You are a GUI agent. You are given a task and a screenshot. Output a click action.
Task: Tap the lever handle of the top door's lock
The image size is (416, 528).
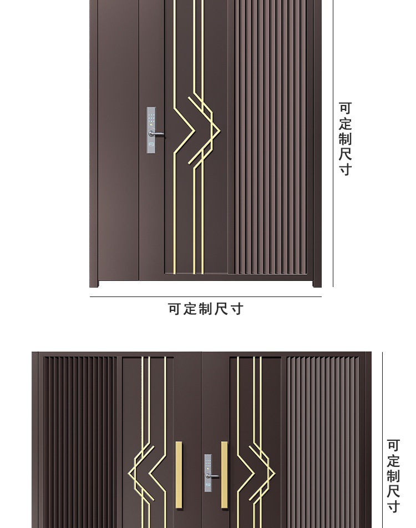click(x=158, y=134)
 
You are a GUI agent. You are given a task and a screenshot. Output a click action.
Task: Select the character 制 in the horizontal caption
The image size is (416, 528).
click(x=206, y=309)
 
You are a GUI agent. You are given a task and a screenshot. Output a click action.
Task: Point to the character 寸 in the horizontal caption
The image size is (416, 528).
click(x=237, y=309)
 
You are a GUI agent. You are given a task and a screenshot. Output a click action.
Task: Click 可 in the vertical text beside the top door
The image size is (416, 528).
click(x=345, y=108)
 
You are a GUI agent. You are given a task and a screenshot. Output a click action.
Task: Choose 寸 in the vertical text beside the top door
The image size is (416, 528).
click(x=345, y=169)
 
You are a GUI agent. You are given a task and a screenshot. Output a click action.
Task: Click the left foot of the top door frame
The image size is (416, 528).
click(x=94, y=284)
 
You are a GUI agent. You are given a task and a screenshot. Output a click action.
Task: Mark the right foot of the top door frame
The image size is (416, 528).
click(x=317, y=284)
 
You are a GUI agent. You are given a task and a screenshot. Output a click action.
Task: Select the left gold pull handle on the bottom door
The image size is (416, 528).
click(x=179, y=475)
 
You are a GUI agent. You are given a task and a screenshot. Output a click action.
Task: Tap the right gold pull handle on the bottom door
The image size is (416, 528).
click(x=224, y=475)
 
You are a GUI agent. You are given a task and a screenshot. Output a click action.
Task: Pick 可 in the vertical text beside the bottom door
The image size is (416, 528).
click(x=393, y=446)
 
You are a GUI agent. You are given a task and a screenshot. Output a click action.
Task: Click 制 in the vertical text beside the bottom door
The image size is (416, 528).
click(x=393, y=476)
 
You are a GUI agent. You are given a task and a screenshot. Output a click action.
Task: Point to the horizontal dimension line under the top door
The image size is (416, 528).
click(x=205, y=297)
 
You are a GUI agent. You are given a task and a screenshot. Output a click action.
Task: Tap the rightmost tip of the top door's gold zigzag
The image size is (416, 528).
click(x=220, y=131)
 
